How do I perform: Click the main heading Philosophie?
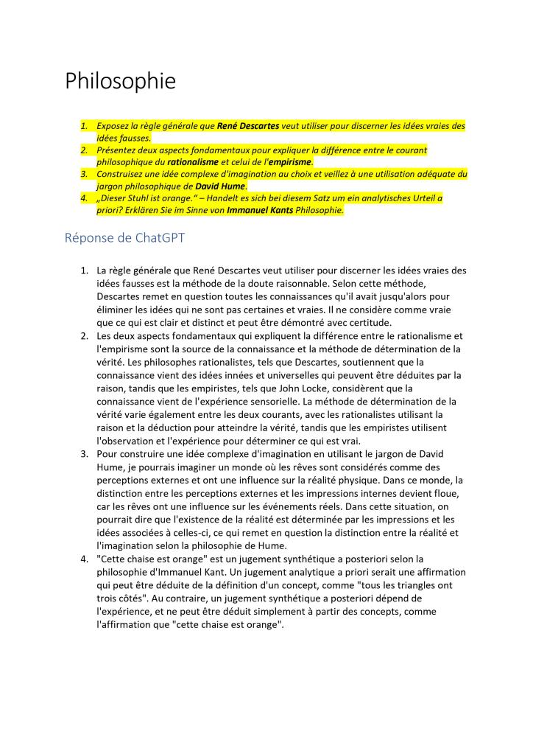pyautogui.click(x=120, y=81)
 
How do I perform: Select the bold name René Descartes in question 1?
pyautogui.click(x=248, y=126)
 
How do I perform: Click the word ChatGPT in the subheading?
pyautogui.click(x=150, y=238)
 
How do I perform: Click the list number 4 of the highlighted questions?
pyautogui.click(x=83, y=198)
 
